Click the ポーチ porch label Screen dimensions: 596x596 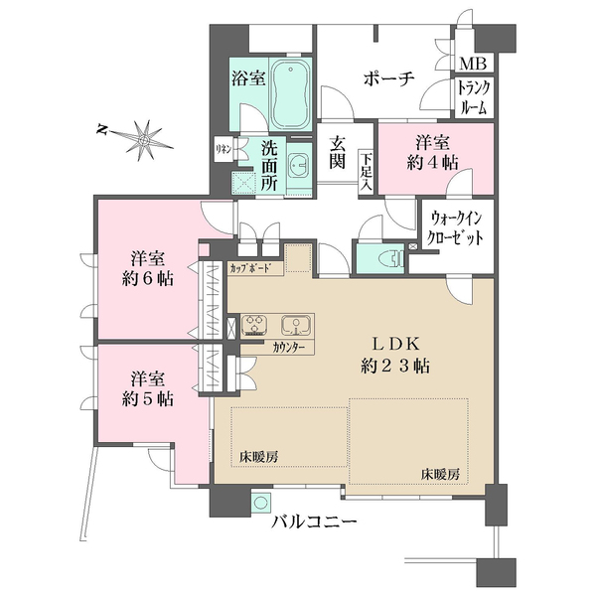pyautogui.click(x=388, y=80)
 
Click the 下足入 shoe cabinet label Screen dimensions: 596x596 pyautogui.click(x=367, y=171)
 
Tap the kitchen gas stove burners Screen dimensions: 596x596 pyautogui.click(x=252, y=325)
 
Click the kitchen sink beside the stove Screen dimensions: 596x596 pyautogui.click(x=295, y=325)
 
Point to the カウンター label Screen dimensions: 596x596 pyautogui.click(x=287, y=348)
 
